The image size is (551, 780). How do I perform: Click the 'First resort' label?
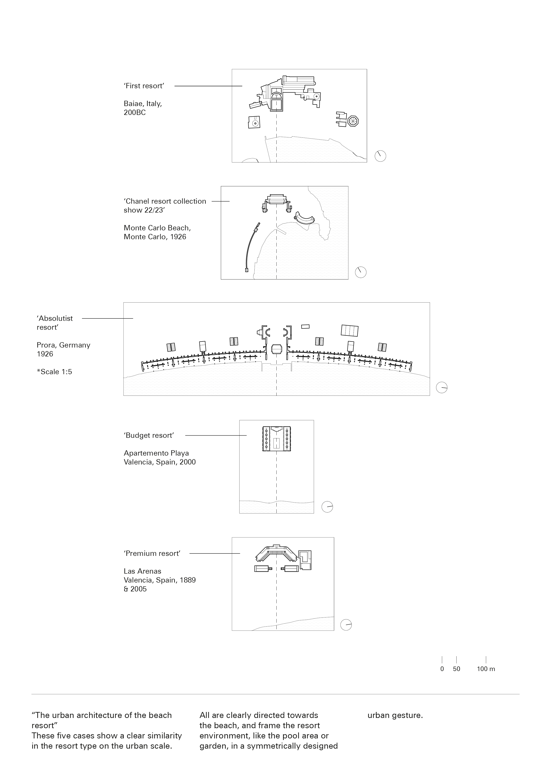[x=144, y=86]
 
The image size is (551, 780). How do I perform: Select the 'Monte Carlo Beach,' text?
[x=157, y=228]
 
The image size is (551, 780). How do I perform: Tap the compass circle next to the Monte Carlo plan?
[x=361, y=272]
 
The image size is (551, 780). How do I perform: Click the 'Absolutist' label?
[x=55, y=318]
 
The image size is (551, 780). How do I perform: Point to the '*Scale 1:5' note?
[x=54, y=372]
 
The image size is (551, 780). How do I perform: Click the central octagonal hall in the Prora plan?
[x=277, y=349]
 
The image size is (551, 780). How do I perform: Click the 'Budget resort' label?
[x=149, y=436]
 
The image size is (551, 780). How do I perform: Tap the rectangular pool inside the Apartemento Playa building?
[x=277, y=443]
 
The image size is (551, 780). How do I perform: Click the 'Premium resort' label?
[x=152, y=553]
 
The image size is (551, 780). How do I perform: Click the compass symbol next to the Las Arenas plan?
[x=346, y=625]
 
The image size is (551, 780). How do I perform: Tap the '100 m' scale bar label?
[x=486, y=669]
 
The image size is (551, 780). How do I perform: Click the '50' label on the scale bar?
[x=456, y=669]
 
